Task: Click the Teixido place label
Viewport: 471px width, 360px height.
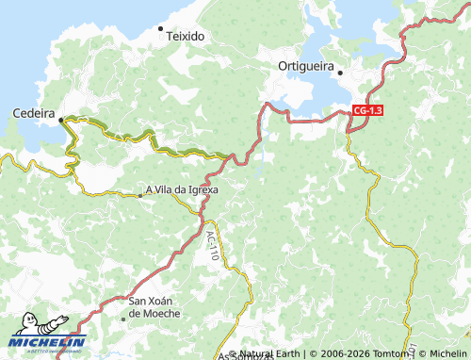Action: point(186,36)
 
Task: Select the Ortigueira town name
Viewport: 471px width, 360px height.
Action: point(308,65)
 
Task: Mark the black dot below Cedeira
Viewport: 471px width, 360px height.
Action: point(61,120)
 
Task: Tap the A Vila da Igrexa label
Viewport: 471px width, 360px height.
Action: point(181,188)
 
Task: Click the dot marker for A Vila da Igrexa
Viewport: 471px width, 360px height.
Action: point(140,195)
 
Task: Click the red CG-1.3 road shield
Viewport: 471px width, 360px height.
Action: point(365,110)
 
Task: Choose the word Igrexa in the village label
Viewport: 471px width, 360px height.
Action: point(201,188)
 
